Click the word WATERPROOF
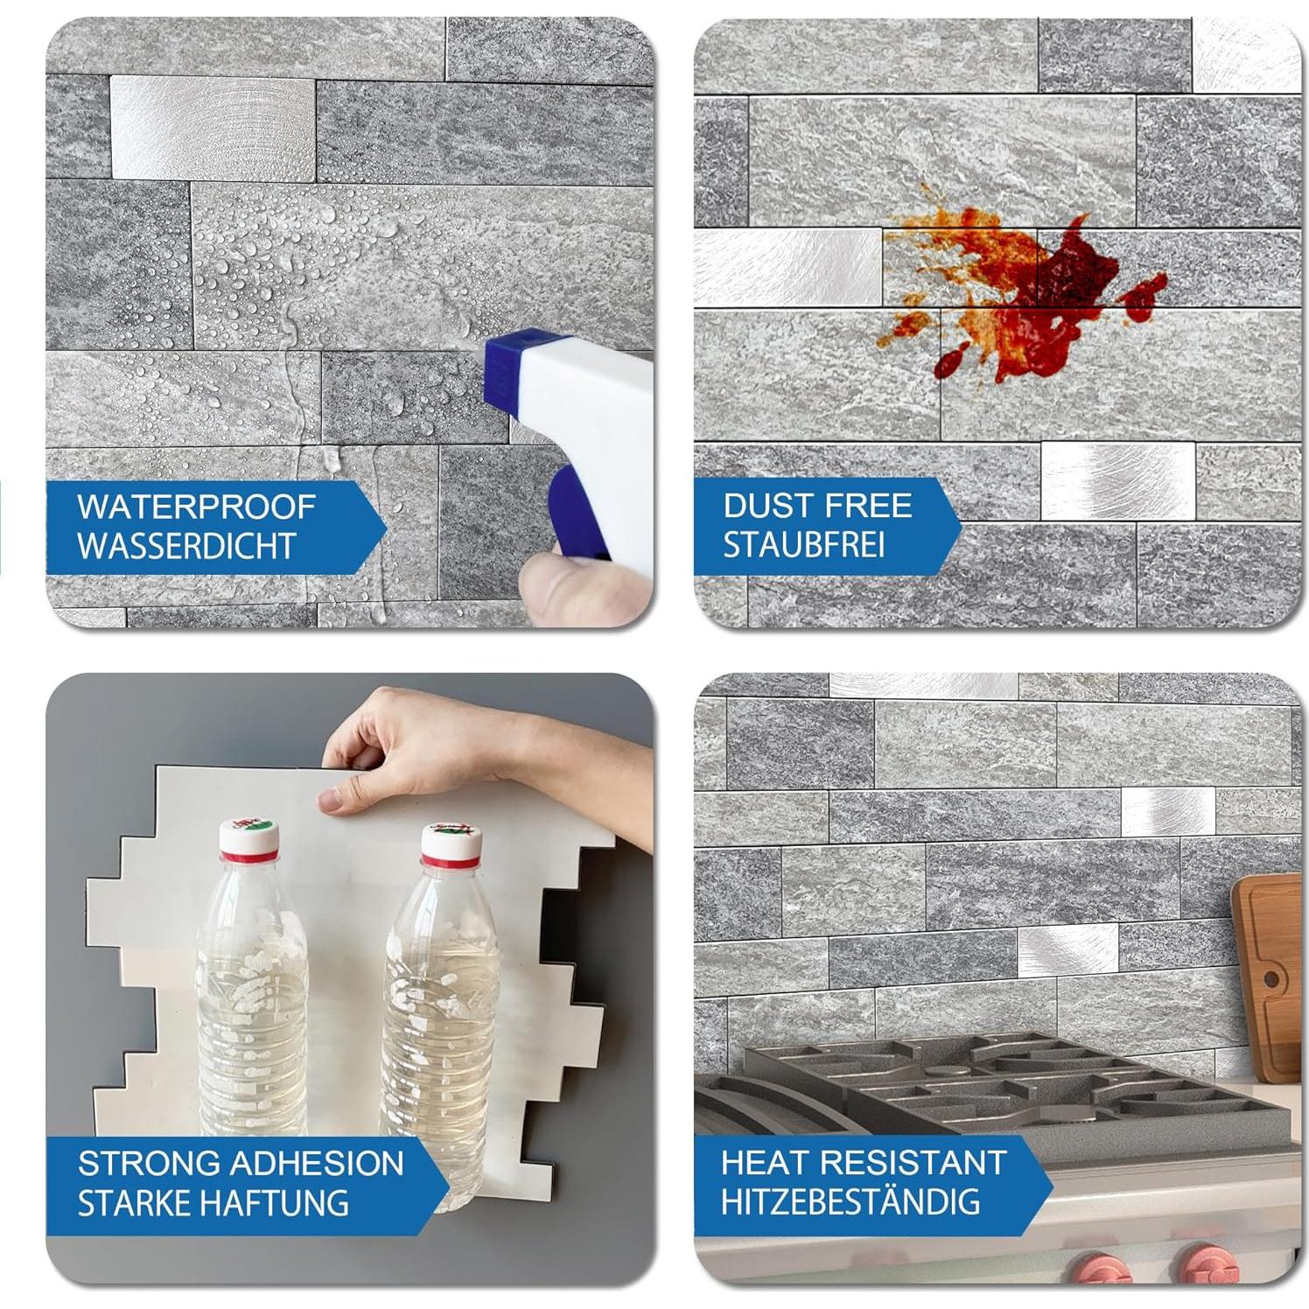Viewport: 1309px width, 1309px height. [x=196, y=507]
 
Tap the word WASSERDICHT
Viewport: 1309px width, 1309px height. [x=186, y=545]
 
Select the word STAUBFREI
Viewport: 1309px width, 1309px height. [x=803, y=544]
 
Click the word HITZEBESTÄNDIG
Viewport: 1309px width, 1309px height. [x=850, y=1201]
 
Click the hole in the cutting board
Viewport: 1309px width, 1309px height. [x=1270, y=977]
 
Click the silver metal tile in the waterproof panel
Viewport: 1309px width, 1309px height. [x=212, y=128]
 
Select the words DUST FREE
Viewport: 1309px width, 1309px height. [x=817, y=506]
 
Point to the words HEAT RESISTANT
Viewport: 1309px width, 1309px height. [x=863, y=1163]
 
